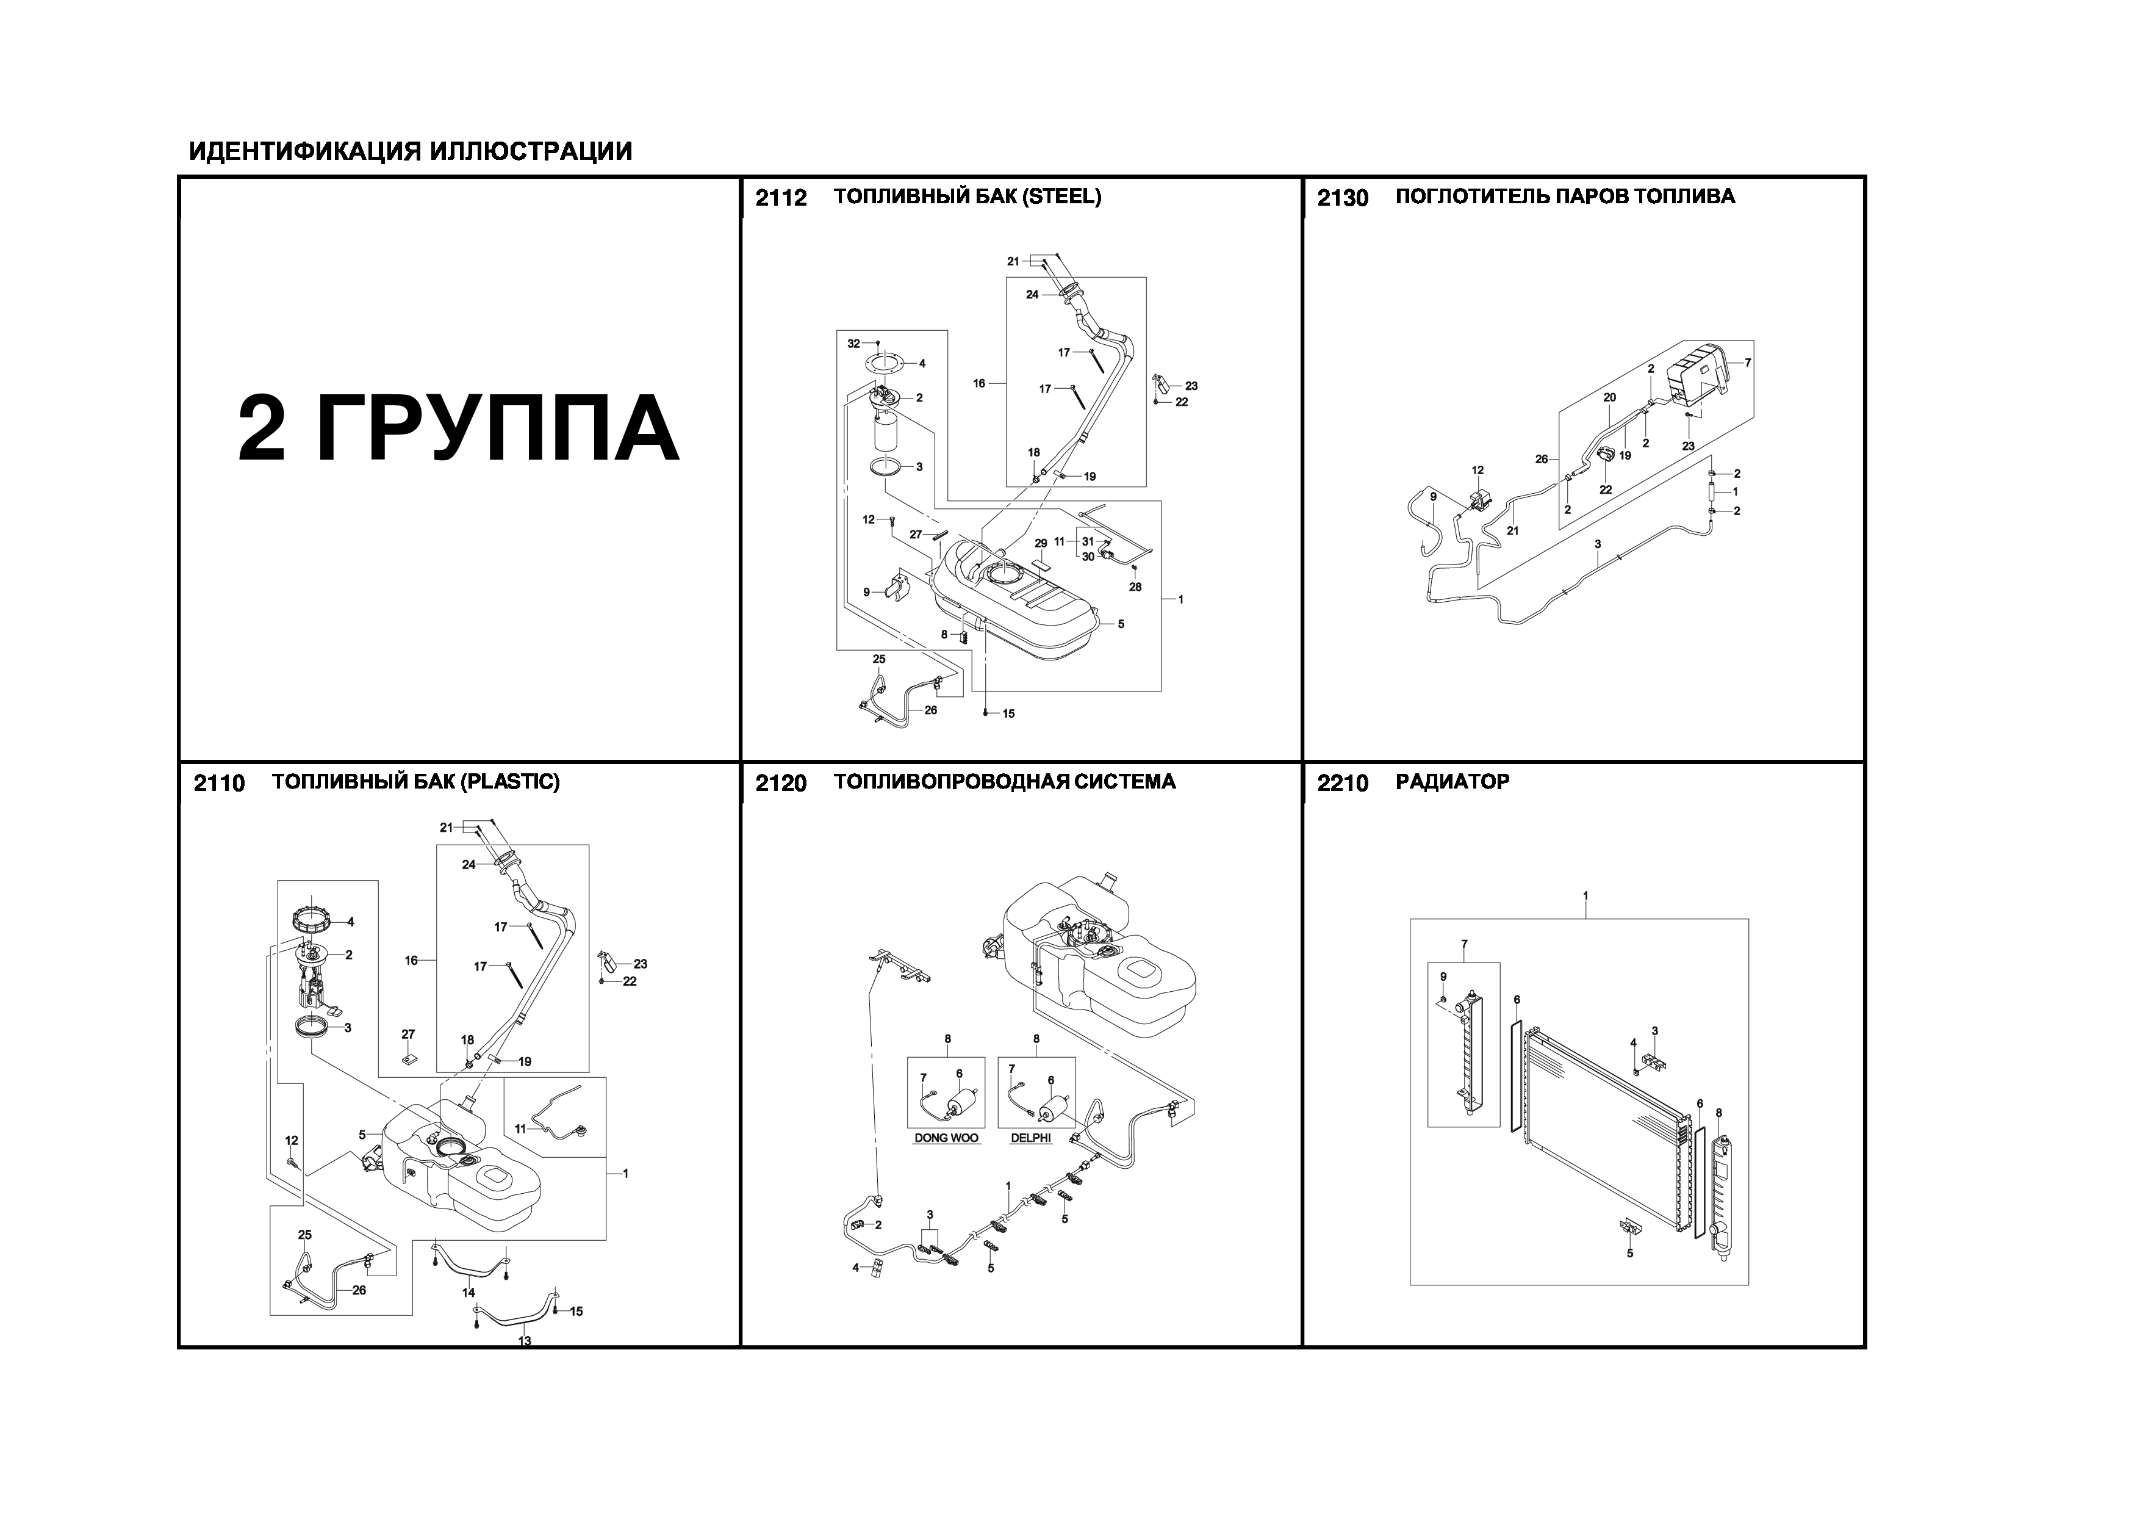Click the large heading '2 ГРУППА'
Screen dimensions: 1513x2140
pos(459,429)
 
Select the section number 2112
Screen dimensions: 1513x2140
pos(781,198)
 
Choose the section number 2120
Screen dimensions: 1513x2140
pos(781,783)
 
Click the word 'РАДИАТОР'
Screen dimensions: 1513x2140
pos(1452,782)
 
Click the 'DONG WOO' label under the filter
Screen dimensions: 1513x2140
pos(946,1138)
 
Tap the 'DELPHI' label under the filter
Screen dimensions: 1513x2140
pos(1031,1138)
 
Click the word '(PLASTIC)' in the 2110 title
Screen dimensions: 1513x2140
pos(510,782)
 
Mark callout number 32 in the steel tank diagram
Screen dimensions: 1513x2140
pos(854,344)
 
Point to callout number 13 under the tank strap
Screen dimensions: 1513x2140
pos(525,1340)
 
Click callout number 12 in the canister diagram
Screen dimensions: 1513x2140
pos(1478,471)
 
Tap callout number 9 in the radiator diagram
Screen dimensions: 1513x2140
pos(1443,976)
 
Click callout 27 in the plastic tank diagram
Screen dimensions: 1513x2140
pos(408,1034)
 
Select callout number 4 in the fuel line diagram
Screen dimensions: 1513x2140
pos(856,1267)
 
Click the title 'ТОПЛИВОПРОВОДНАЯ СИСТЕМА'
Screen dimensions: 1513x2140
pos(1005,782)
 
